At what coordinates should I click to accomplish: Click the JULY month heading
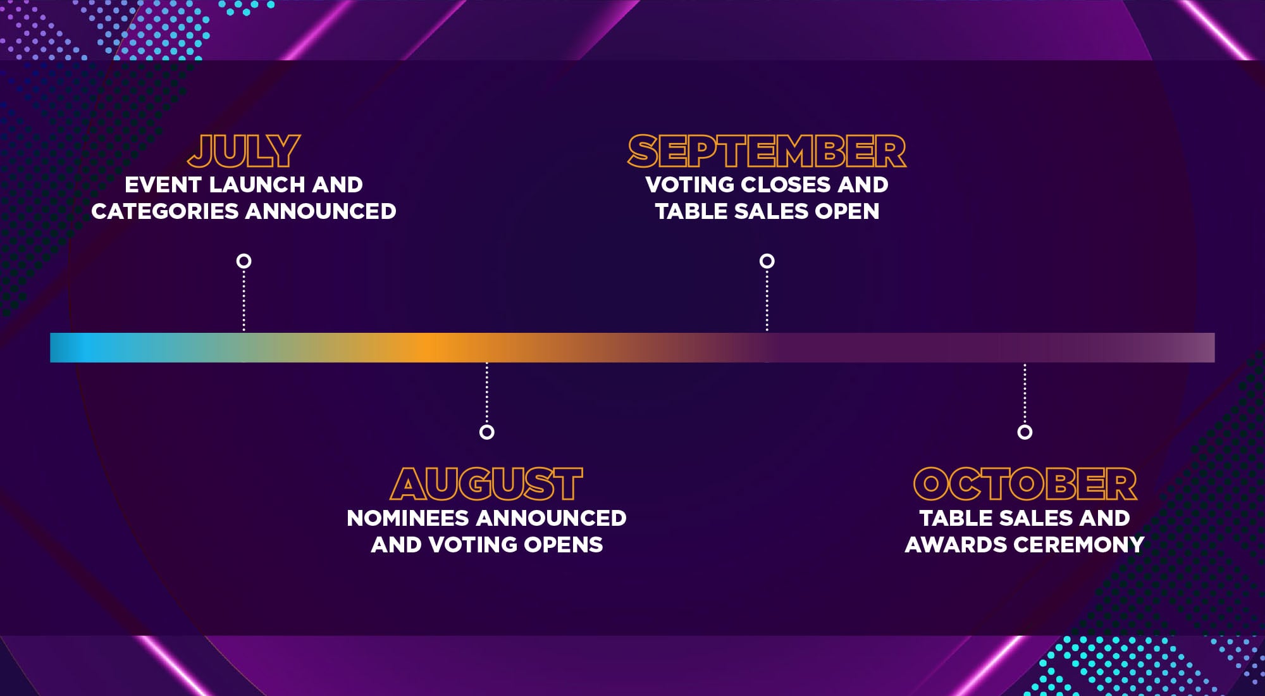[x=244, y=151]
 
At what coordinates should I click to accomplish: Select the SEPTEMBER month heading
[x=767, y=151]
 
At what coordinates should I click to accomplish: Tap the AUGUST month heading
[x=486, y=484]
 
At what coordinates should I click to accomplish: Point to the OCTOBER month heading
[x=1025, y=484]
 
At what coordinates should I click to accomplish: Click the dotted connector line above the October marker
[x=1025, y=394]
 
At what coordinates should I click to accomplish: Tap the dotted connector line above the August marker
[x=486, y=394]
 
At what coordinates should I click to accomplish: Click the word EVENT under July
[x=163, y=185]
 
